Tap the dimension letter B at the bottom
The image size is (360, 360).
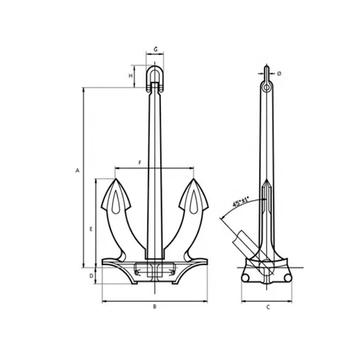pos(155,307)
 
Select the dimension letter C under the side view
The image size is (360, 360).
pos(268,307)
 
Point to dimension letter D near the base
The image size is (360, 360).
pos(91,276)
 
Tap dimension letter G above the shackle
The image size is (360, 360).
pos(155,49)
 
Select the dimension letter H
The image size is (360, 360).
pos(130,75)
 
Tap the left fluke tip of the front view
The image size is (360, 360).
pos(116,181)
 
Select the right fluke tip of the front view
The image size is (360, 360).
pos(193,181)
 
